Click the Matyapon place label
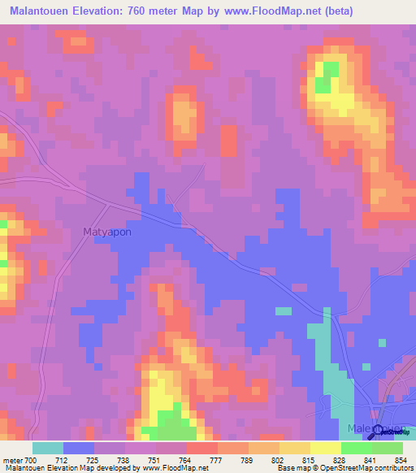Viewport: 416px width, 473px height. coord(107,232)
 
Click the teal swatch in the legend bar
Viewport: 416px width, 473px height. coord(48,448)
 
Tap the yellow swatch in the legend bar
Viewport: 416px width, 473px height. coord(326,448)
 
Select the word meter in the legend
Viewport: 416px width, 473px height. coord(13,461)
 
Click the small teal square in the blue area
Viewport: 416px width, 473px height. coord(283,310)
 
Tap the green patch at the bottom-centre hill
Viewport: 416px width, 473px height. coord(174,423)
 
